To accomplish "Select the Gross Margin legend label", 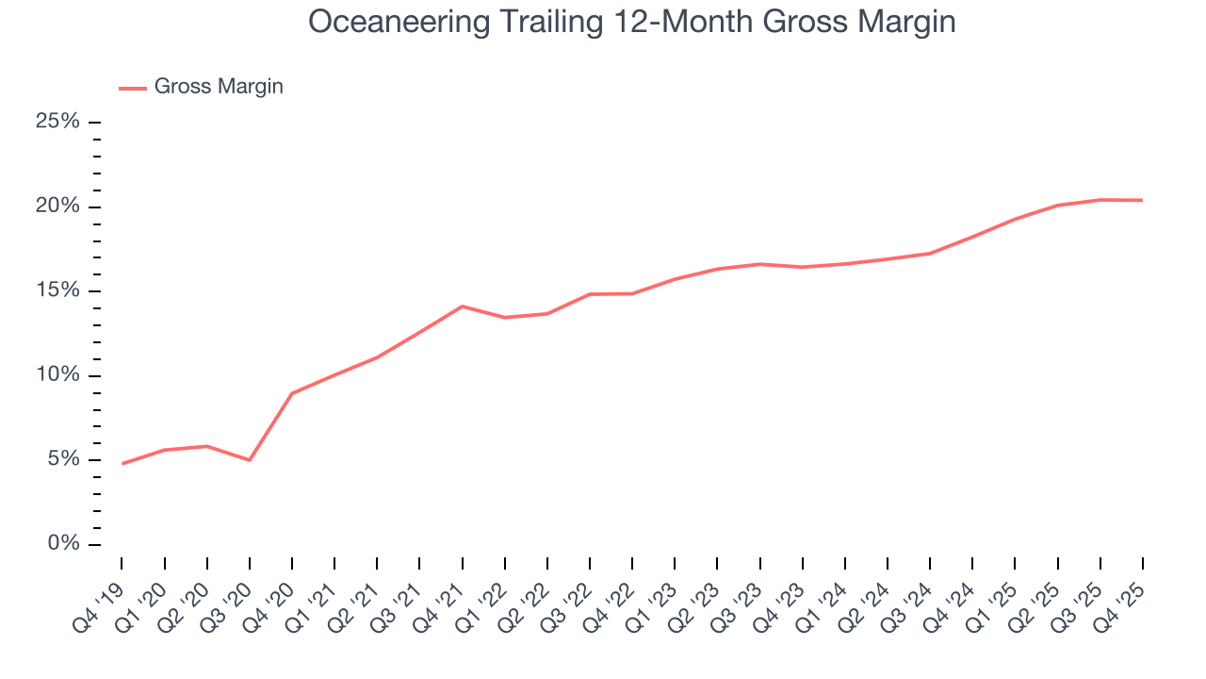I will point(219,87).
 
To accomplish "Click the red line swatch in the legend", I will point(133,88).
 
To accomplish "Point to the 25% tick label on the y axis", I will point(57,123).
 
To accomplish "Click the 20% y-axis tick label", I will point(57,207).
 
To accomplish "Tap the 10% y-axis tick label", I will point(57,375).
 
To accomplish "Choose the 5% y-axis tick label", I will point(63,460).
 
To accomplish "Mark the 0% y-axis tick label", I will point(63,544).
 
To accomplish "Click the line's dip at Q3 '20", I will point(250,460).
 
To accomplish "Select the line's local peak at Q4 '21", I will point(463,306).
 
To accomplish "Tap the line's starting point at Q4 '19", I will point(122,464).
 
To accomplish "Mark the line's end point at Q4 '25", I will point(1143,200).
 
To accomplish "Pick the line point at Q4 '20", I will point(292,393).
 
